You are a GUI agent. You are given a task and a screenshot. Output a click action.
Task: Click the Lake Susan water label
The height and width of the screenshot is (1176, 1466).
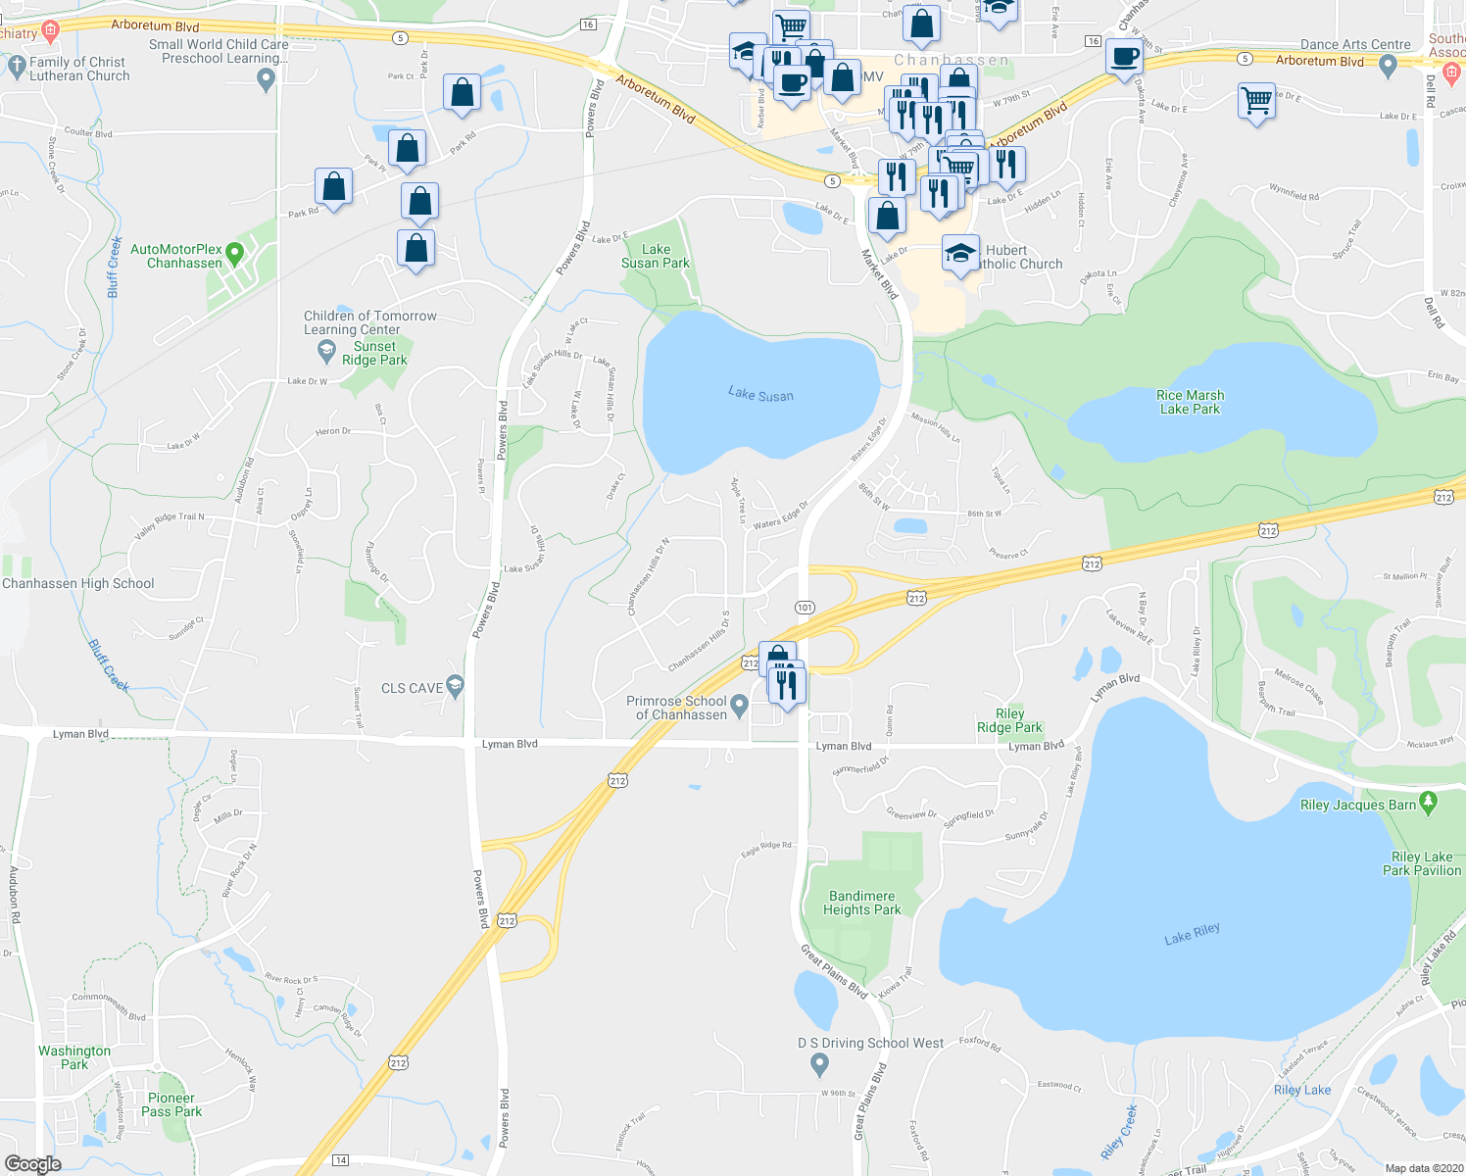[x=760, y=395]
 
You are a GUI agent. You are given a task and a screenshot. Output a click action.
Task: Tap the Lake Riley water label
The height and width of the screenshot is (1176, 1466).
[x=1192, y=934]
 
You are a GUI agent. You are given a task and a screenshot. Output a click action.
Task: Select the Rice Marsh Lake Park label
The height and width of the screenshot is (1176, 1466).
[x=1190, y=402]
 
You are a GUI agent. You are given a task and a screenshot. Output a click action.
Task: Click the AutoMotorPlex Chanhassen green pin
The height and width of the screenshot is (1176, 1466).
[x=234, y=255]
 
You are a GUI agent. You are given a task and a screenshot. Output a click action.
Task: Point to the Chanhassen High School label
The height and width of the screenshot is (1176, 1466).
[x=78, y=583]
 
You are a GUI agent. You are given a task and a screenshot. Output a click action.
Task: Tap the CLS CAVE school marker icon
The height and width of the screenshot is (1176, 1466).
[x=454, y=686]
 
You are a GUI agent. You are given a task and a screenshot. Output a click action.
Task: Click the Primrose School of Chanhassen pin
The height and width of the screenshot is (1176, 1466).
[x=739, y=706]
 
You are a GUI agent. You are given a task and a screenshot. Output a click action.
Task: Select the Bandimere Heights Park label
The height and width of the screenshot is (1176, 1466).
[x=861, y=903]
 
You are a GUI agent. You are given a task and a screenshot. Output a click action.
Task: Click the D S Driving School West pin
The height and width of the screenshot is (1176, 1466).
[x=822, y=1064]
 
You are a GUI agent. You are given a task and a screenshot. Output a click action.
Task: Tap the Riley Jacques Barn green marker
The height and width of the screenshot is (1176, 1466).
[x=1428, y=802]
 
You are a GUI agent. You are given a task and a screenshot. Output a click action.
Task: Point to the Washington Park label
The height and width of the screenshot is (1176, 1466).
[x=74, y=1057]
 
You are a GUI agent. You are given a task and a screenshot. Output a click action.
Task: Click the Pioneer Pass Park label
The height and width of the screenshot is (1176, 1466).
[x=171, y=1104]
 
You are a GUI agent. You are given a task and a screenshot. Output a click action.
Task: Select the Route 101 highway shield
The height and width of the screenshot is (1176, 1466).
[x=805, y=608]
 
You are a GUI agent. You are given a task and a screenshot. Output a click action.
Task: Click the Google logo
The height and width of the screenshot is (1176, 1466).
[x=32, y=1164]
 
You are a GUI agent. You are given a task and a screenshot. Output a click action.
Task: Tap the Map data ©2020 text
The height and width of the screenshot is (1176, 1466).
[x=1420, y=1168]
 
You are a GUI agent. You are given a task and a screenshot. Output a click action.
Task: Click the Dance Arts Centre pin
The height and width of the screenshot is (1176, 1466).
[x=1387, y=66]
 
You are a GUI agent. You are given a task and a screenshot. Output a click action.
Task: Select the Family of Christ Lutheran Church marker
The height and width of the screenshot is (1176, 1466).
[x=16, y=66]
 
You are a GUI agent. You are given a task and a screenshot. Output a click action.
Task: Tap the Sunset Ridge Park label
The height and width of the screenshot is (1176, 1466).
[x=374, y=353]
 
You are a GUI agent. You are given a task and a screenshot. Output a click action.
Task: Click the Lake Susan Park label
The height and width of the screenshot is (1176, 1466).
[x=656, y=256]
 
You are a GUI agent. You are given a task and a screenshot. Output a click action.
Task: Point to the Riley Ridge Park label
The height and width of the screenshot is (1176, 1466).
[x=1009, y=720]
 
